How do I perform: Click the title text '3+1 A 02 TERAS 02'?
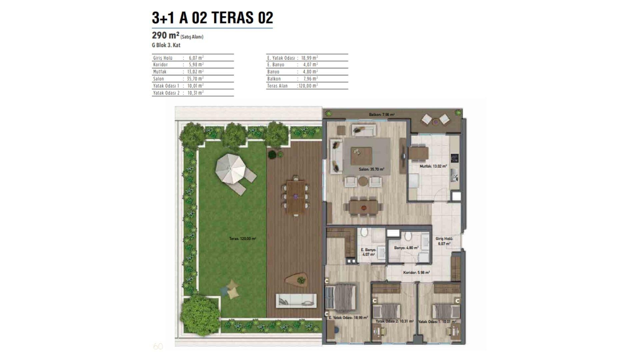[x=212, y=18]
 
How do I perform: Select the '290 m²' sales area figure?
[x=166, y=35]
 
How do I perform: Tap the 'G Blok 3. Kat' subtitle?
[x=166, y=45]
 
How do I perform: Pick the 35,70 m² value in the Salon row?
[x=195, y=79]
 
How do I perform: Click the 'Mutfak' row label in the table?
[x=160, y=72]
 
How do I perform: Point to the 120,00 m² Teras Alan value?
[x=308, y=86]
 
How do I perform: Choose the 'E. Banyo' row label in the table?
[x=276, y=65]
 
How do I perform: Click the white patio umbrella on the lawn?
[x=230, y=168]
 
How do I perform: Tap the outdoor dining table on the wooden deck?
[x=296, y=196]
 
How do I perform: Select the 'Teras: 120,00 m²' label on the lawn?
[x=242, y=239]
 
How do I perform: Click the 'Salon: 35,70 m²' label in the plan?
[x=371, y=169]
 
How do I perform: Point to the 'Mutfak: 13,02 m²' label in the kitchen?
[x=433, y=166]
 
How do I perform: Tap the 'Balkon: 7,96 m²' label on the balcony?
[x=382, y=115]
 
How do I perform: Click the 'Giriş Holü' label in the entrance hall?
[x=444, y=239]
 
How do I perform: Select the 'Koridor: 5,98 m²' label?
[x=416, y=273]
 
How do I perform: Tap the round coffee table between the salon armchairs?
[x=363, y=181]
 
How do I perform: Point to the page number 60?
[x=158, y=346]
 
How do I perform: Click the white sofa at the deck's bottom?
[x=296, y=301]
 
